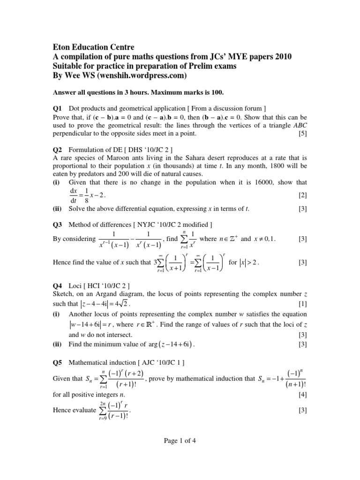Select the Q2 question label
tap(57, 150)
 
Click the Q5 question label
tap(57, 362)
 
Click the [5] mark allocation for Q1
tap(302, 134)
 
